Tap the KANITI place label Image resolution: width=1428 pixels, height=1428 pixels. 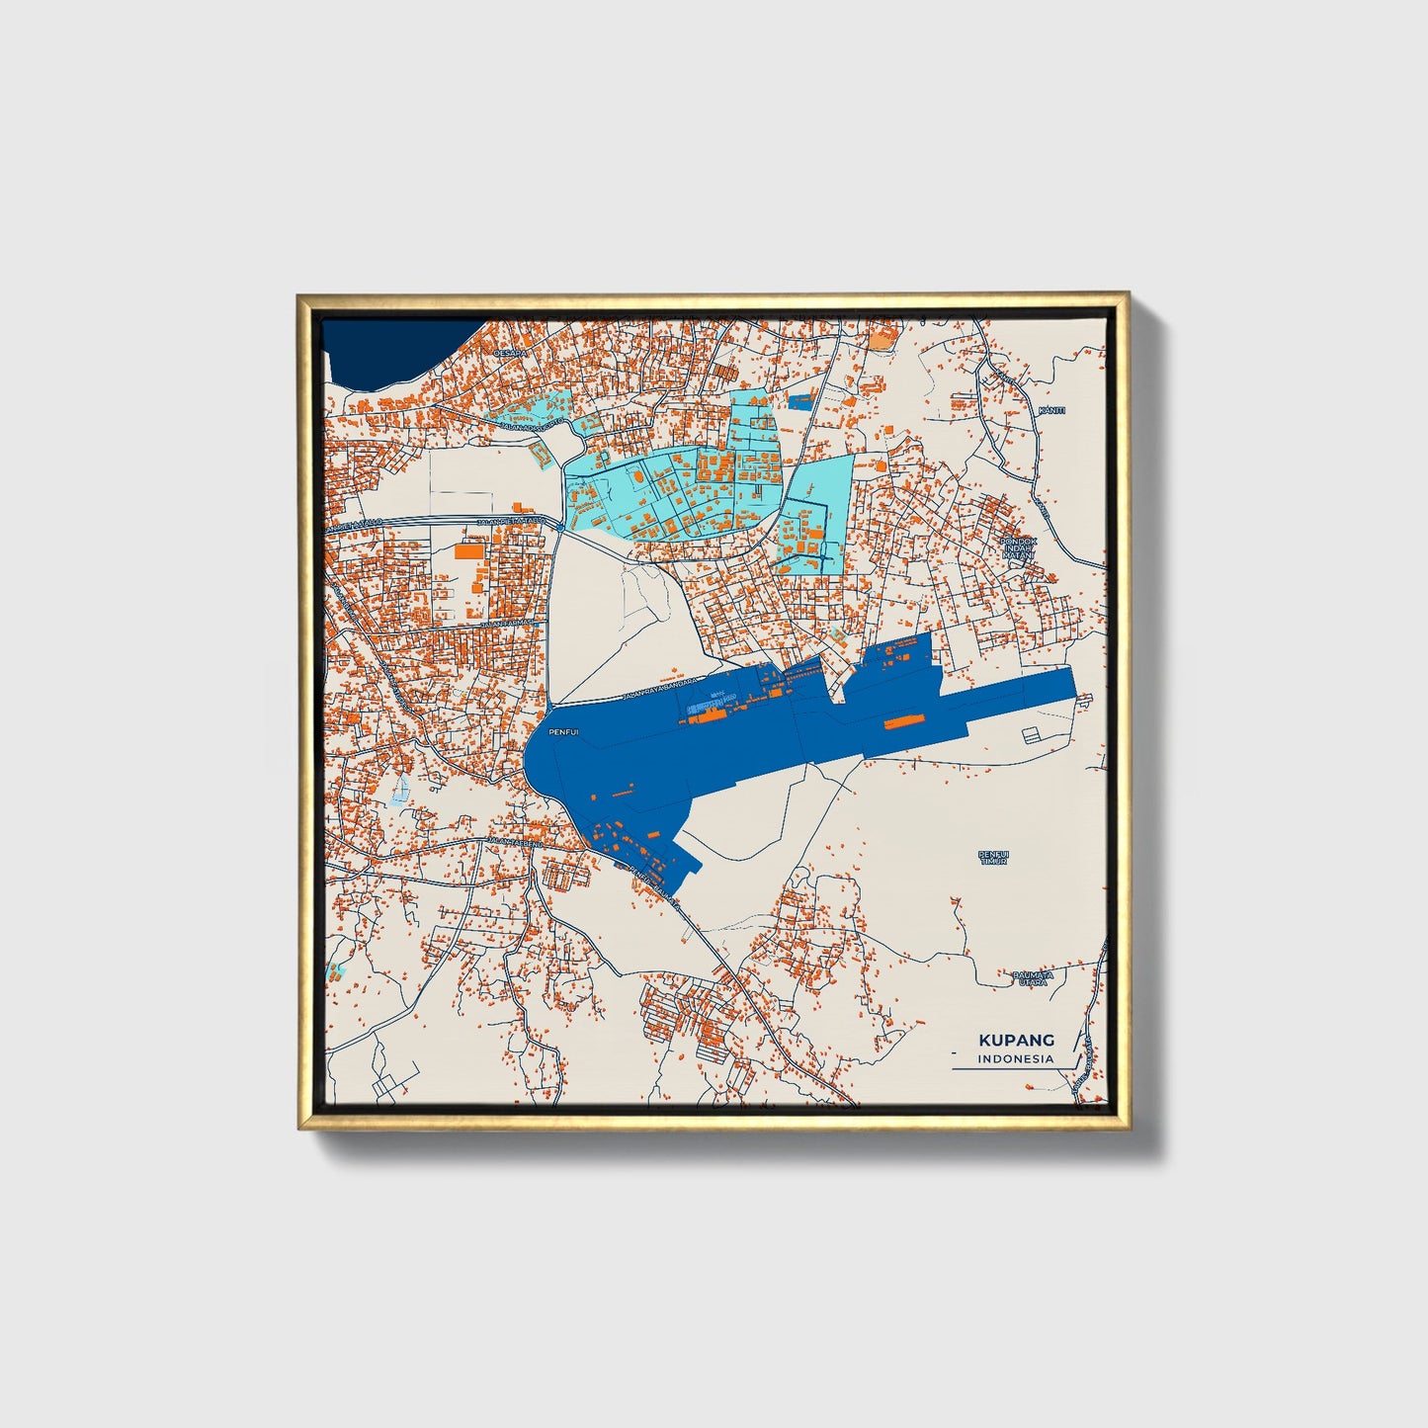1051,409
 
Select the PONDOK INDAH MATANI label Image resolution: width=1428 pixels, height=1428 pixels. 1016,548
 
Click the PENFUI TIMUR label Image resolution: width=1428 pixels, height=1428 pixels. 993,857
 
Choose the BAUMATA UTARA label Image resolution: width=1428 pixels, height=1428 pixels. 1033,978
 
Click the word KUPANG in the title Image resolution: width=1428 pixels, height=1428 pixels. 1016,1040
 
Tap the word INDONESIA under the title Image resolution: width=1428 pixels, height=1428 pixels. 1016,1058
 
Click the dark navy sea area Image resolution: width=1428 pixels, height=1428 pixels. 390,351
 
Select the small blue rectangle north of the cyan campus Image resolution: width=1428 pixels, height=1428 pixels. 799,401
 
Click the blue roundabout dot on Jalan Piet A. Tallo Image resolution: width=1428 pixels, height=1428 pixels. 560,528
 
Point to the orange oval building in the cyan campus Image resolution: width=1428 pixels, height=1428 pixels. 637,476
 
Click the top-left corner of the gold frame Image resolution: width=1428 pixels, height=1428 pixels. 298,295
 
